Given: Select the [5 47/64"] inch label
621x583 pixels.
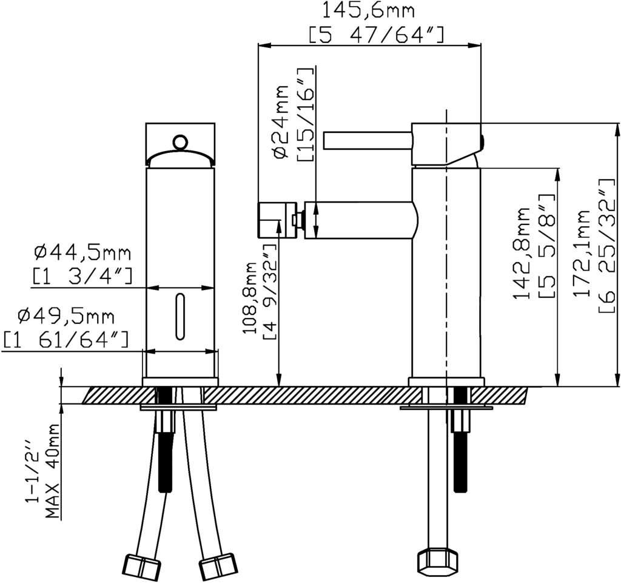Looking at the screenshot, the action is coord(376,35).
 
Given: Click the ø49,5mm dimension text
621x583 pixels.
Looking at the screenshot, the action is coord(65,317).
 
